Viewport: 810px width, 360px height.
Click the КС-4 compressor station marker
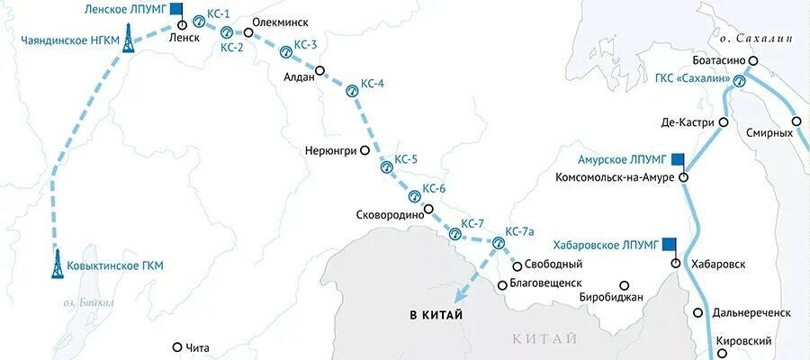[x=353, y=89]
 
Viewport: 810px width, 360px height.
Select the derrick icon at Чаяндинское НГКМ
[x=130, y=36]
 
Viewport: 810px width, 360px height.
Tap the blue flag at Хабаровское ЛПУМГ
[x=669, y=244]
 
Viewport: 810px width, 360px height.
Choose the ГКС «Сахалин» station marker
[x=739, y=81]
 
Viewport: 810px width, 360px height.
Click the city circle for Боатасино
[x=754, y=61]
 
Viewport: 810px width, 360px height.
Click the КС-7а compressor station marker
[x=499, y=242]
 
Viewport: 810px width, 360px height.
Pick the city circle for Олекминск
[x=248, y=35]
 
